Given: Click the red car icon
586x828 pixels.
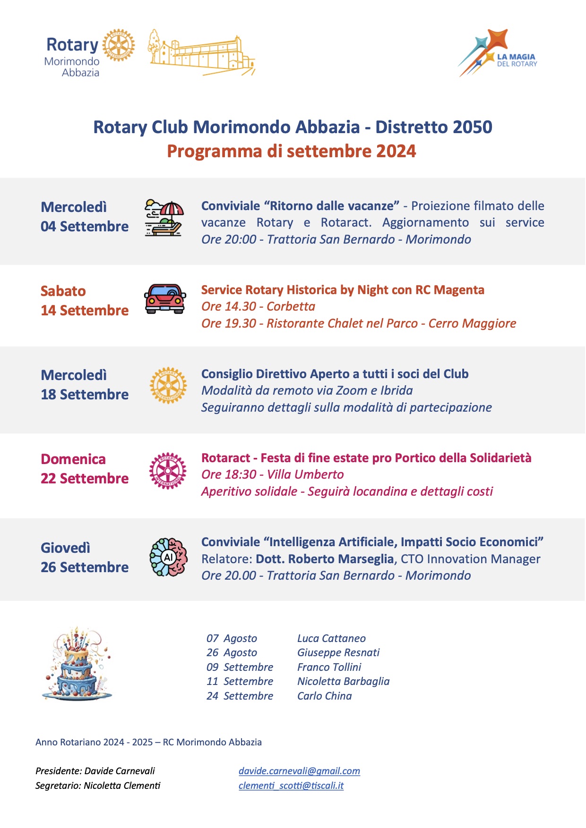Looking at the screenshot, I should [165, 299].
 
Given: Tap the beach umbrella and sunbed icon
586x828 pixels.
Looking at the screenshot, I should [164, 217].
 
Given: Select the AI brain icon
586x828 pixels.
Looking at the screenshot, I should [168, 557].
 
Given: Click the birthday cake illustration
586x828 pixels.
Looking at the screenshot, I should [77, 664].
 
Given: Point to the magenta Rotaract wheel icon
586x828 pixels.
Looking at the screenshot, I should [168, 471].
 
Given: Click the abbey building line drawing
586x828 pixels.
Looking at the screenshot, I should [202, 53].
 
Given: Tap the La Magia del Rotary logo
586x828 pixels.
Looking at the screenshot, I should [498, 53].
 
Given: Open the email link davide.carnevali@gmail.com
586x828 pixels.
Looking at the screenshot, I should [299, 771].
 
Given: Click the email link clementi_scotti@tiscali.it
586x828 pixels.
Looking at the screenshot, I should [291, 786].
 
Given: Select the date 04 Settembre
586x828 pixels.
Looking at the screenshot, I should [85, 227].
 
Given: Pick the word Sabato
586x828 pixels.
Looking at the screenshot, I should [63, 291].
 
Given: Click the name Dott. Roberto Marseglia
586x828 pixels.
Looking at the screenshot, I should [325, 559].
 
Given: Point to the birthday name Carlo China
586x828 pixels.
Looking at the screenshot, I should [324, 696].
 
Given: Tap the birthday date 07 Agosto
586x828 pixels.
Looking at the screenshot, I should [232, 638].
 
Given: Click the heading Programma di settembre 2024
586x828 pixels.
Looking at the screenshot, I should [292, 151].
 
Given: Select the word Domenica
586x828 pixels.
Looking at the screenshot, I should [73, 459].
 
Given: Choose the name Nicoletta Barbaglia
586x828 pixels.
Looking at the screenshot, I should [343, 681].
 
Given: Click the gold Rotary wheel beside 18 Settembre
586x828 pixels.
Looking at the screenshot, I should [168, 386].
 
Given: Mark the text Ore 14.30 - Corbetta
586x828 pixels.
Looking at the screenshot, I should [258, 306].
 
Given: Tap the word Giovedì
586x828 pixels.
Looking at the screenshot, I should [65, 548].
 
